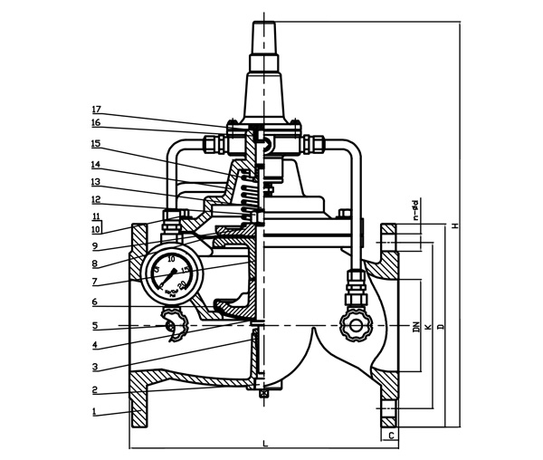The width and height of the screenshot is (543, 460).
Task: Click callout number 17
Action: [x=95, y=110]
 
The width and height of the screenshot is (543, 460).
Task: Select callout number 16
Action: [x=95, y=122]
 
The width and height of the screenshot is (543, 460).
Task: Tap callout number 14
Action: [x=95, y=165]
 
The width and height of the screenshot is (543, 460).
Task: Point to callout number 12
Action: [x=95, y=199]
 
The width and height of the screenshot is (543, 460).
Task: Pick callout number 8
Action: [x=95, y=264]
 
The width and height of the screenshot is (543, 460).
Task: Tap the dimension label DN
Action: [x=416, y=325]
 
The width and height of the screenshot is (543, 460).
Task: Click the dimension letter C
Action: [x=390, y=436]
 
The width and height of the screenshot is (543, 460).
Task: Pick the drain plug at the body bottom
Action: [x=262, y=392]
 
